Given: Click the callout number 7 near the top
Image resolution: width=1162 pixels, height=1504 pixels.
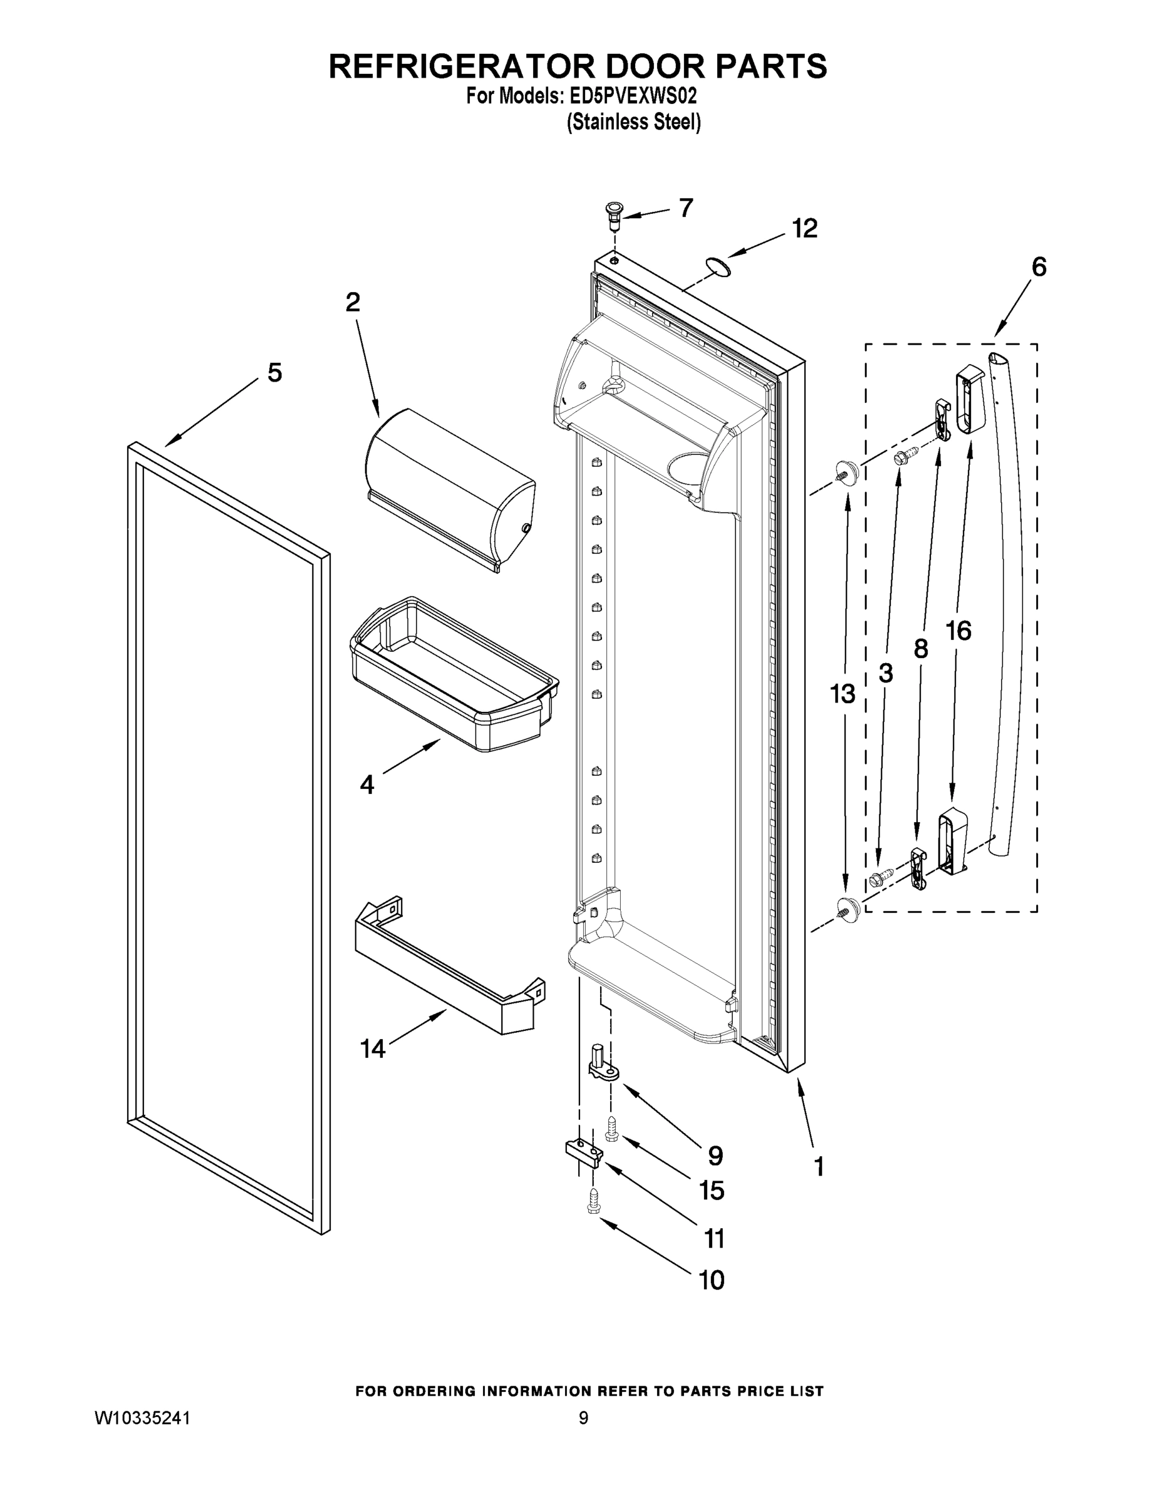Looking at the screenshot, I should [686, 208].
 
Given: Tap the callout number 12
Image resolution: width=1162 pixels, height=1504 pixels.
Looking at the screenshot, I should [804, 229].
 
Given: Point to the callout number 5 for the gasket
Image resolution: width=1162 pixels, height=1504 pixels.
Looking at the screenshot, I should [274, 373].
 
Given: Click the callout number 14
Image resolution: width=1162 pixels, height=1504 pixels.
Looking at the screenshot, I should [373, 1049].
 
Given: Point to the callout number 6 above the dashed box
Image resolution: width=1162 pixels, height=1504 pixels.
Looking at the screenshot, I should [1039, 267].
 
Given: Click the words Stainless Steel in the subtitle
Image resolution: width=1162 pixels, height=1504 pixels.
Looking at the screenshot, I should [633, 123].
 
